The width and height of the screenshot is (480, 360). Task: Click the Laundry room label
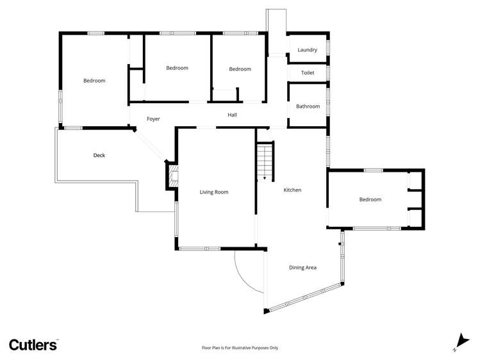pyautogui.click(x=307, y=50)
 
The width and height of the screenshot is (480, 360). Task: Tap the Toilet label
pyautogui.click(x=307, y=73)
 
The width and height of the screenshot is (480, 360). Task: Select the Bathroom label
pyautogui.click(x=308, y=106)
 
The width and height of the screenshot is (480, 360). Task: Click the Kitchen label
pyautogui.click(x=292, y=190)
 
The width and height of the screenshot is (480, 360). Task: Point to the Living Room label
pyautogui.click(x=213, y=192)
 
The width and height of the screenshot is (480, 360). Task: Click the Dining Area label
pyautogui.click(x=302, y=268)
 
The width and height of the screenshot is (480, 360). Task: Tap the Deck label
pyautogui.click(x=99, y=156)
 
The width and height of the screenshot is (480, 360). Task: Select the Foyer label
pyautogui.click(x=153, y=119)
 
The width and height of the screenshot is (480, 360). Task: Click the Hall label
pyautogui.click(x=232, y=115)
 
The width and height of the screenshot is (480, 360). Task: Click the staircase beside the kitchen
pyautogui.click(x=265, y=161)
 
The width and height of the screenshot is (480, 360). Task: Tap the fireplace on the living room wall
pyautogui.click(x=172, y=176)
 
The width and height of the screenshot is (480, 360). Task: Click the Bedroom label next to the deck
pyautogui.click(x=94, y=81)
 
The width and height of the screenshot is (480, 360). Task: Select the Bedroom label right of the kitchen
pyautogui.click(x=370, y=200)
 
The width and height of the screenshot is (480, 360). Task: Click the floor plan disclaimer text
pyautogui.click(x=240, y=348)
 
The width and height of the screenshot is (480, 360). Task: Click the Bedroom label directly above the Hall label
pyautogui.click(x=240, y=69)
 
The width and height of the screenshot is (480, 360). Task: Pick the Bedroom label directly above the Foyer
pyautogui.click(x=177, y=68)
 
